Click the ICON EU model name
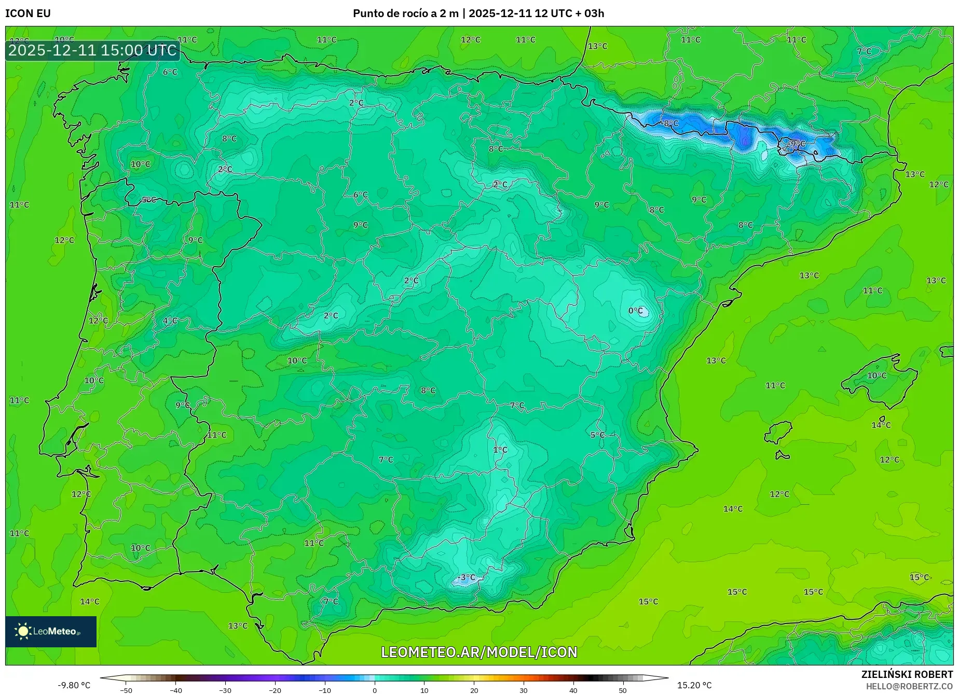pos(28,13)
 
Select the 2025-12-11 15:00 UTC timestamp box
pos(93,50)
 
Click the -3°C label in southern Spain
pos(467,577)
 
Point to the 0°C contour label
pos(636,311)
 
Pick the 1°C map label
pos(500,450)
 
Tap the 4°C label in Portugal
pos(170,321)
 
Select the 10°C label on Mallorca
pos(877,376)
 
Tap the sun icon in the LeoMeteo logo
pos(23,631)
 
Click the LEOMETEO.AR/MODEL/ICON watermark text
pos(479,652)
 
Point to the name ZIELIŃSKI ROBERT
pos(907,675)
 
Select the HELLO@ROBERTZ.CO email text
pos(909,686)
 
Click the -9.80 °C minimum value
pos(74,685)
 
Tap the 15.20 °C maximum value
pos(694,685)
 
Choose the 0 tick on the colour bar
pos(375,690)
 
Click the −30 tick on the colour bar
pos(225,690)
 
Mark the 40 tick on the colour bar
pos(573,690)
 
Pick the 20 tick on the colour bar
pos(474,690)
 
